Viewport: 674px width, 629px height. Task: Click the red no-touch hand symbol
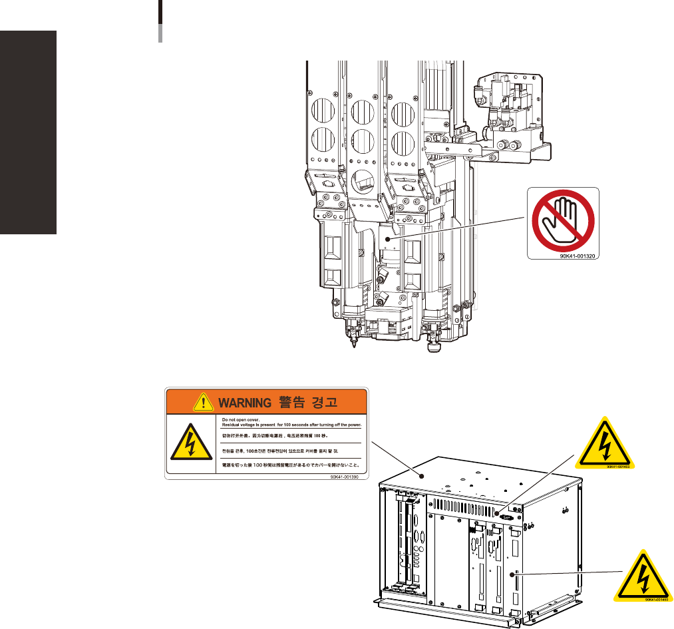(x=563, y=221)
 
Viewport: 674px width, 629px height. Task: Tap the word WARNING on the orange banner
(x=241, y=403)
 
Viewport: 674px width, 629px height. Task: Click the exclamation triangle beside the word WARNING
(x=200, y=402)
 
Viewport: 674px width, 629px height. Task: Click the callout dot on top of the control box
(x=421, y=474)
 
